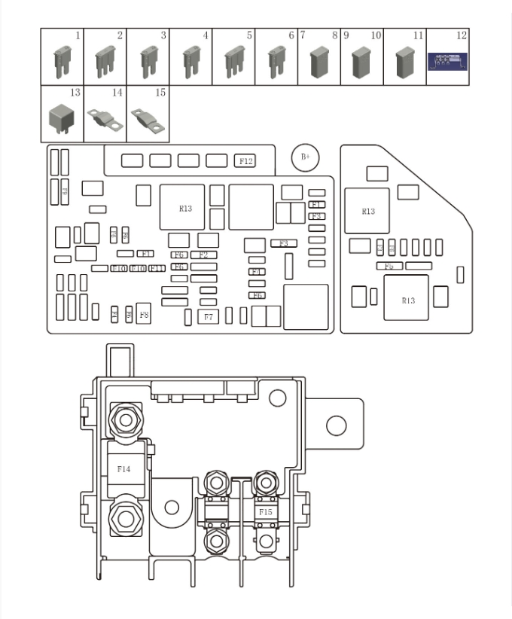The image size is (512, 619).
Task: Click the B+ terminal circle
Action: click(305, 157)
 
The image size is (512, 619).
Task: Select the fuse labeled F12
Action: click(245, 160)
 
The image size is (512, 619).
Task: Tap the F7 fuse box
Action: click(208, 317)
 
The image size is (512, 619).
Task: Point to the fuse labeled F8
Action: click(143, 314)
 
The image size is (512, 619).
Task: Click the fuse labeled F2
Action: click(203, 255)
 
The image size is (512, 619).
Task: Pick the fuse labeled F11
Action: click(157, 268)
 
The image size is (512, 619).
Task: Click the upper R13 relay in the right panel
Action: click(367, 211)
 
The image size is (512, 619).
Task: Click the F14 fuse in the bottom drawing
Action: click(123, 469)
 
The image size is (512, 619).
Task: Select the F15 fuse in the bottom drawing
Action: click(264, 512)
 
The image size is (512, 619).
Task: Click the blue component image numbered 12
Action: click(447, 60)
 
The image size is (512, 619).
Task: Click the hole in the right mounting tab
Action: click(336, 425)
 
